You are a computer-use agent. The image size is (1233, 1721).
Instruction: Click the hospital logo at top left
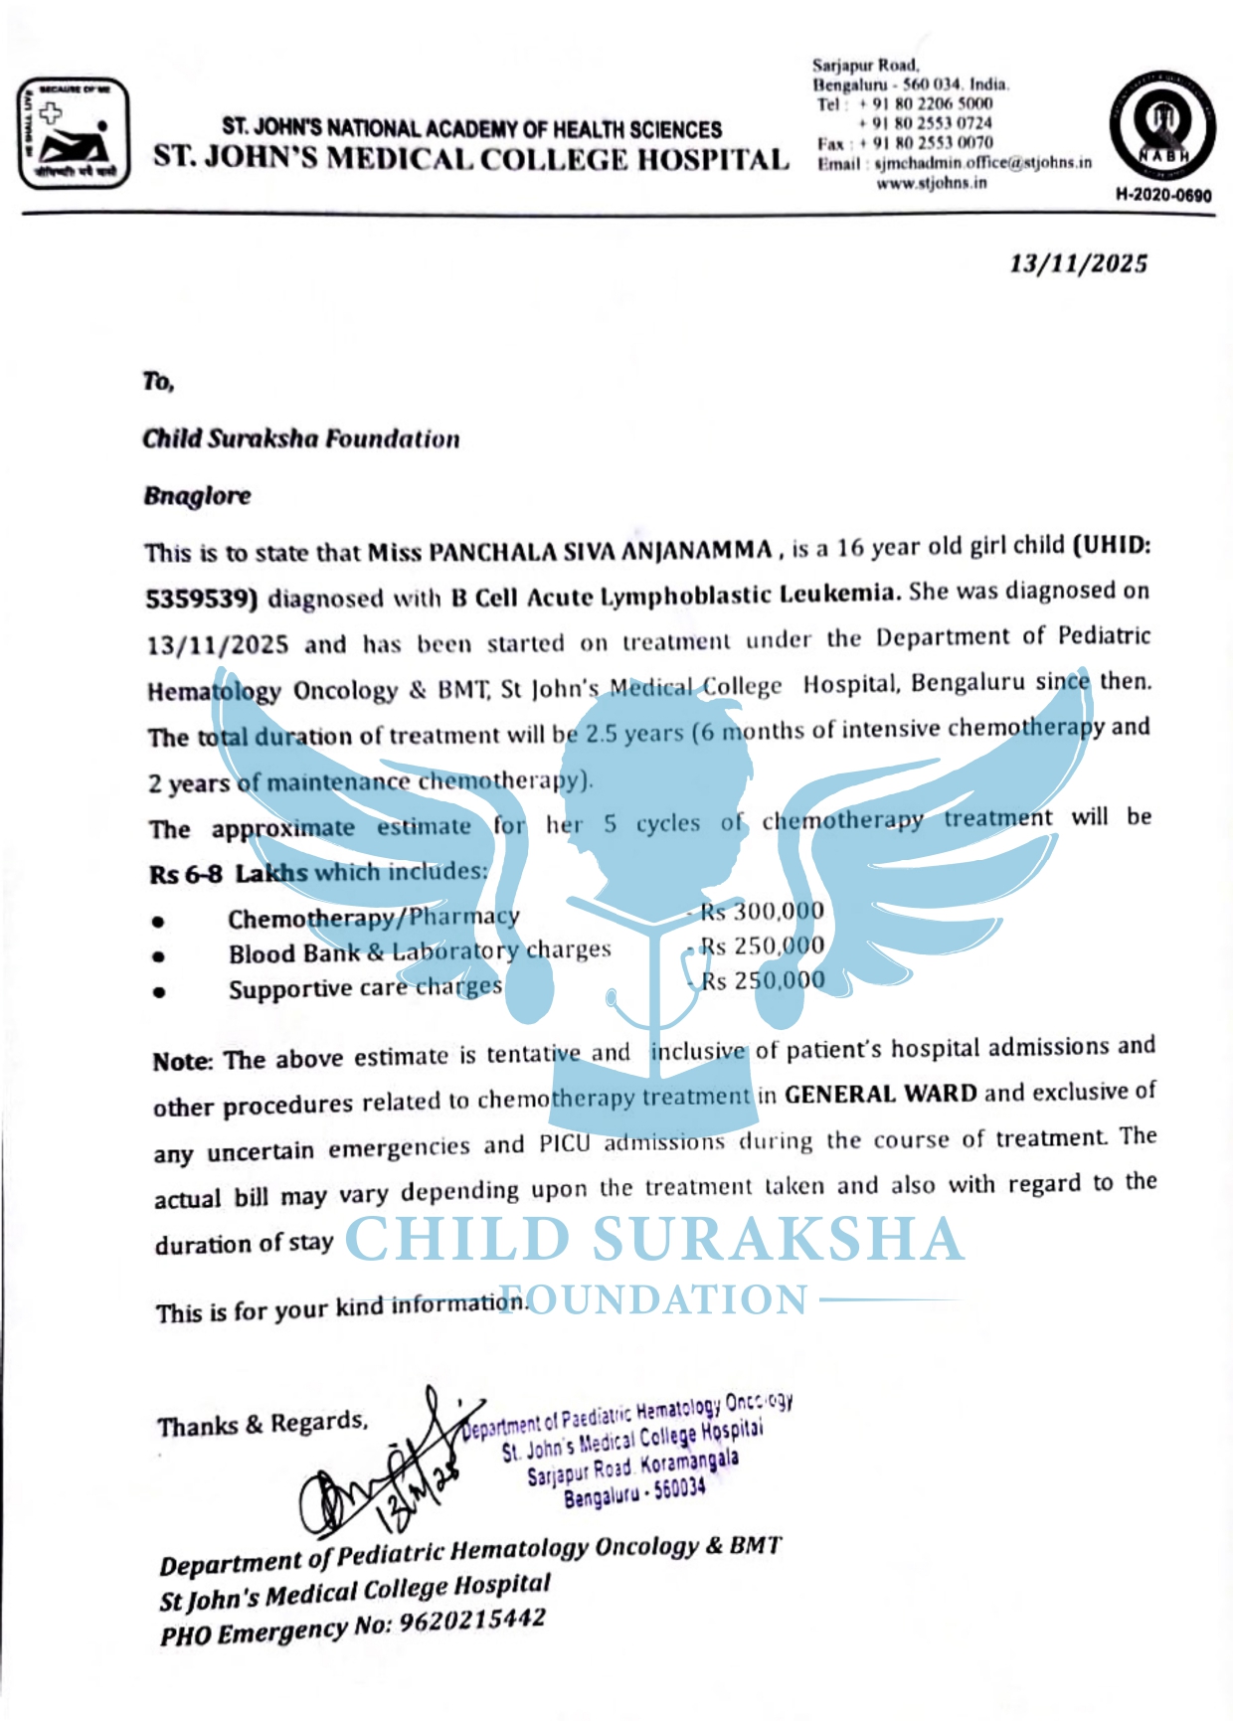click(74, 133)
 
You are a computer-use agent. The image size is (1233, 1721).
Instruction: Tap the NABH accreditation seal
click(1162, 125)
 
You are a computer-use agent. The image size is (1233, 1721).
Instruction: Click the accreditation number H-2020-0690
click(1163, 195)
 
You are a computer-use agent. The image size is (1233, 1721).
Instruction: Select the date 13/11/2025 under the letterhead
click(1078, 263)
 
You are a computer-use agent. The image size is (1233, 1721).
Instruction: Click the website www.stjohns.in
click(931, 183)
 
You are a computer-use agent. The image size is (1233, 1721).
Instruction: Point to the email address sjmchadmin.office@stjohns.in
click(982, 163)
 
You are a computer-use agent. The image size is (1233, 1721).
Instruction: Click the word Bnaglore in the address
click(197, 496)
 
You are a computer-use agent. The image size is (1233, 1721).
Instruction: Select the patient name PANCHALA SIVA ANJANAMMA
click(570, 550)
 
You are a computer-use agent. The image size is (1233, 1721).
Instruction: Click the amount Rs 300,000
click(762, 911)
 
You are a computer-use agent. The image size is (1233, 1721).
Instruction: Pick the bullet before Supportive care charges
click(158, 991)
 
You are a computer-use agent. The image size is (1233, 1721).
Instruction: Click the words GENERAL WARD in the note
click(880, 1094)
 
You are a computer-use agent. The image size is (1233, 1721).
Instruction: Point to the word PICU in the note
click(564, 1143)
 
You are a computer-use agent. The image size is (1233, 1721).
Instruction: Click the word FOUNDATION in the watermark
click(653, 1299)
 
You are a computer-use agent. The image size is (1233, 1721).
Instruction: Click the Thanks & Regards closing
click(262, 1424)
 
